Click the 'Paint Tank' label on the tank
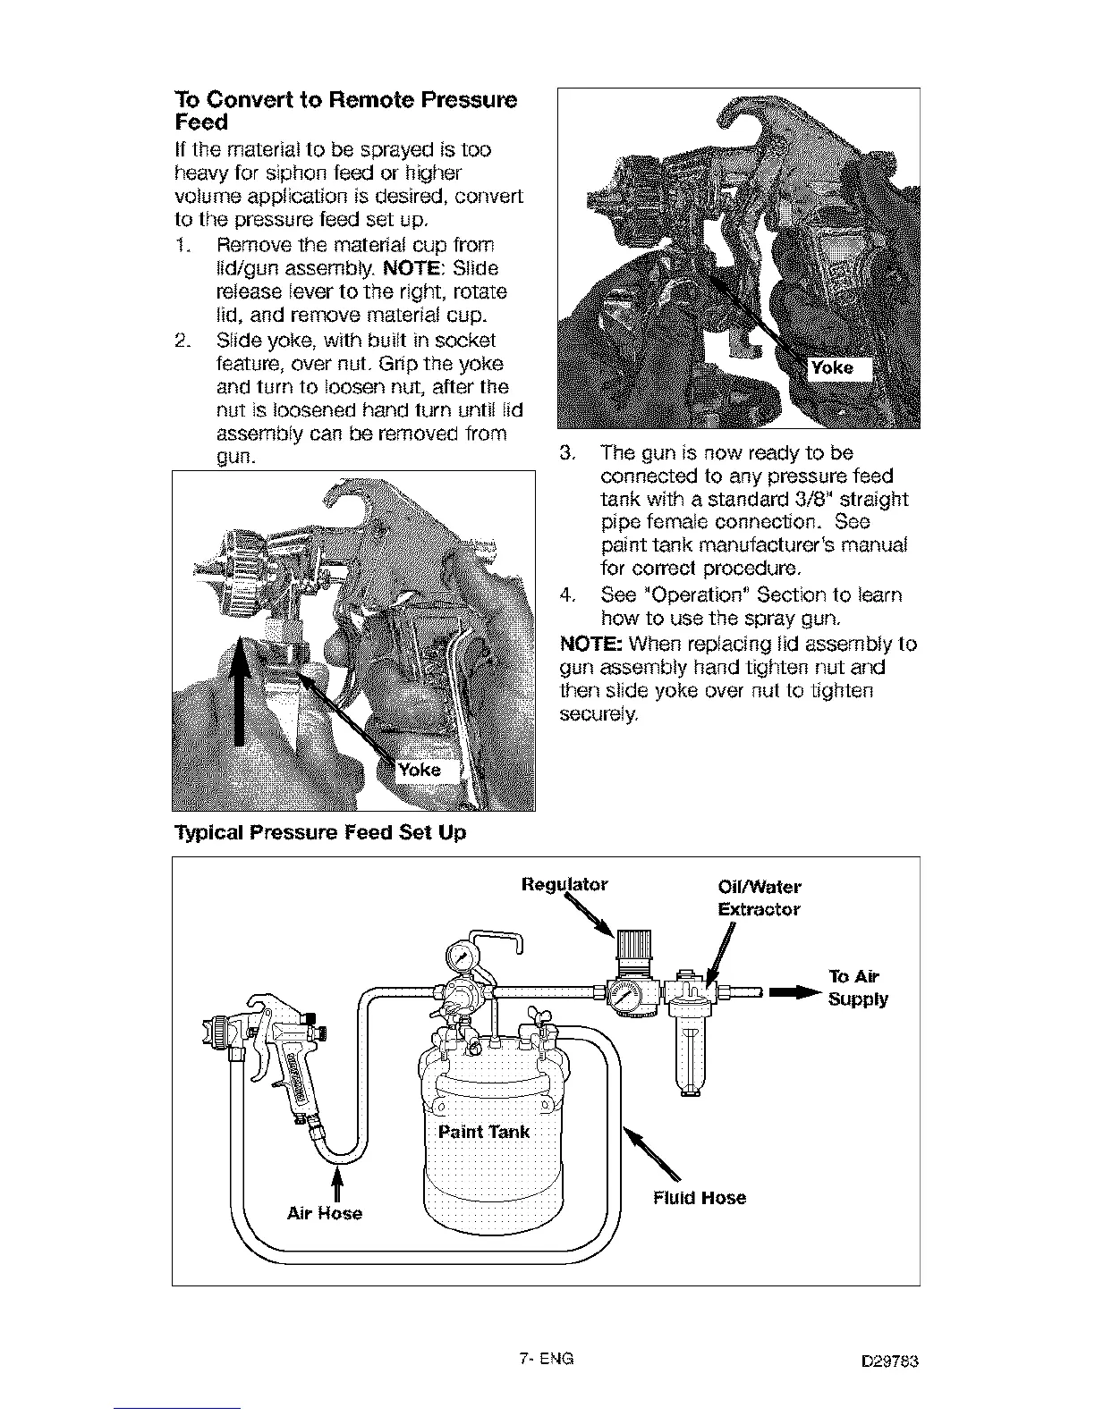(483, 1132)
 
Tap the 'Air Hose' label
(324, 1213)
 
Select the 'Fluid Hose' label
(699, 1198)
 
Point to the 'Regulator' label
(564, 884)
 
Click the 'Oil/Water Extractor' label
(759, 898)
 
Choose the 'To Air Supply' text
(858, 987)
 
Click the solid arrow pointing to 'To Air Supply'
(794, 991)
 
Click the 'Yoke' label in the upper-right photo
(831, 367)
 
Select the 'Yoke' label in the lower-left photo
(419, 770)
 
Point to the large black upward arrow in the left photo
(239, 688)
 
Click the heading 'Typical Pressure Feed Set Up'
(319, 833)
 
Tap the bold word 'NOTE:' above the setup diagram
(590, 644)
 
